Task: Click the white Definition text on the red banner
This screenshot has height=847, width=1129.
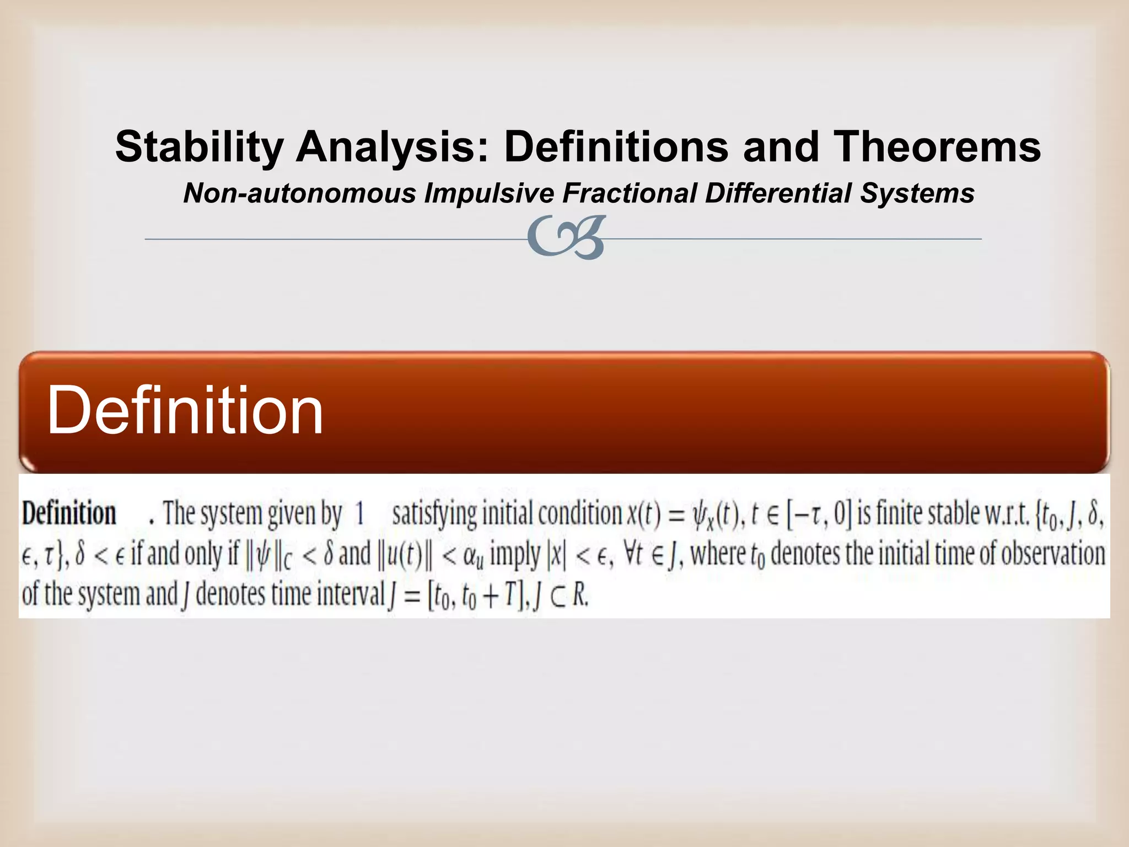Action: pos(185,411)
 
